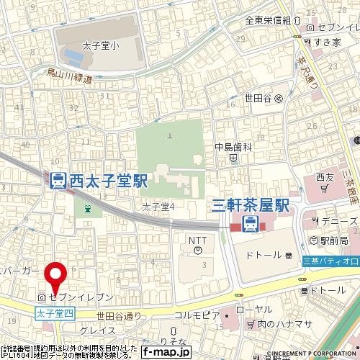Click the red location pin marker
point(55,276)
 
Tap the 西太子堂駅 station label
point(109,181)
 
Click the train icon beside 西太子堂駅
point(58,181)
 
